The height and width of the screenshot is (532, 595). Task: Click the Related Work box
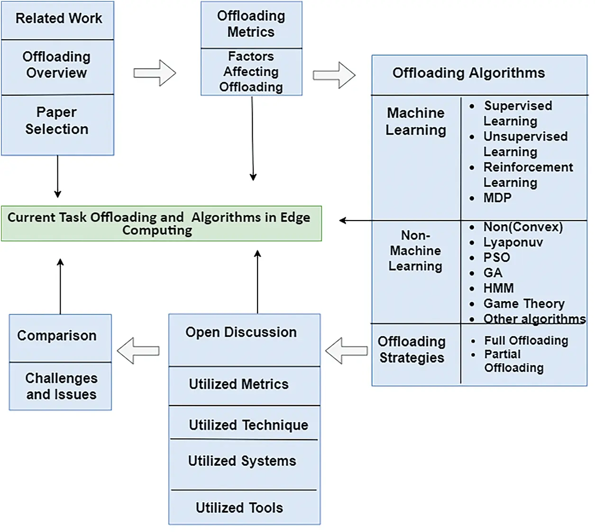(58, 19)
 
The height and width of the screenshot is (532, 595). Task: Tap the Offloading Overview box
(57, 65)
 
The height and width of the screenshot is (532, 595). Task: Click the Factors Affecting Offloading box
(251, 72)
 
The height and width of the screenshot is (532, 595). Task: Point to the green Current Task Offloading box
(161, 223)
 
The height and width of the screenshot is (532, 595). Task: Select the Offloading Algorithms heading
(468, 73)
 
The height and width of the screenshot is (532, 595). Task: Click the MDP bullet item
(497, 198)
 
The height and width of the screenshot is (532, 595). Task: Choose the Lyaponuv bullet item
(513, 242)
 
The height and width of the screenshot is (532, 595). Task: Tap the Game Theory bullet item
(523, 303)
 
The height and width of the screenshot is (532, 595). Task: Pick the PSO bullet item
(496, 257)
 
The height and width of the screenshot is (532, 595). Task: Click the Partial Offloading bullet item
(513, 361)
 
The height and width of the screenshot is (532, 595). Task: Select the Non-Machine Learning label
(415, 251)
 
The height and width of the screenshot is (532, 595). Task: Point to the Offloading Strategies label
(412, 350)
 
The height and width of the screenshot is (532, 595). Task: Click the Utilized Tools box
(240, 508)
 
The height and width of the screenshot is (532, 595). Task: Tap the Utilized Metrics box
(239, 384)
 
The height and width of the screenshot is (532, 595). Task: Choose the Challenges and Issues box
(61, 386)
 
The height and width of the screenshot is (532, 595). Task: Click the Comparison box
(57, 336)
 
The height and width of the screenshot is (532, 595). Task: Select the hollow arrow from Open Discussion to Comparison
(138, 351)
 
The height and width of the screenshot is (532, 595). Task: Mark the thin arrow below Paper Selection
(57, 176)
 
